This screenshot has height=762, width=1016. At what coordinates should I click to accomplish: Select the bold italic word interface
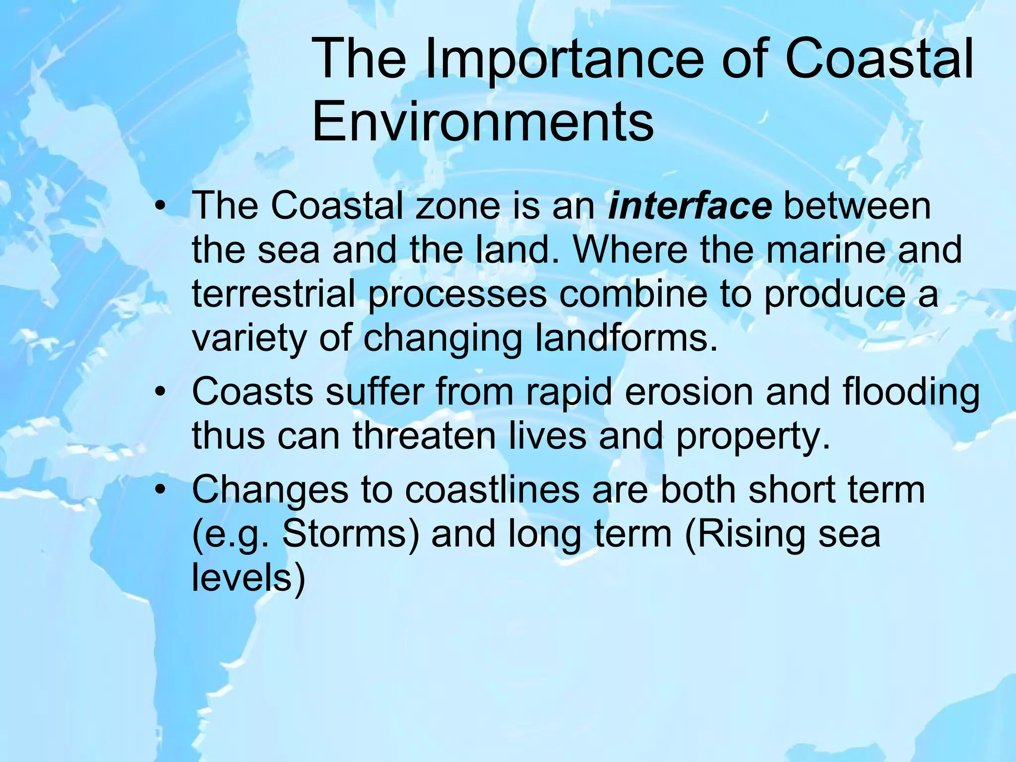690,206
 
